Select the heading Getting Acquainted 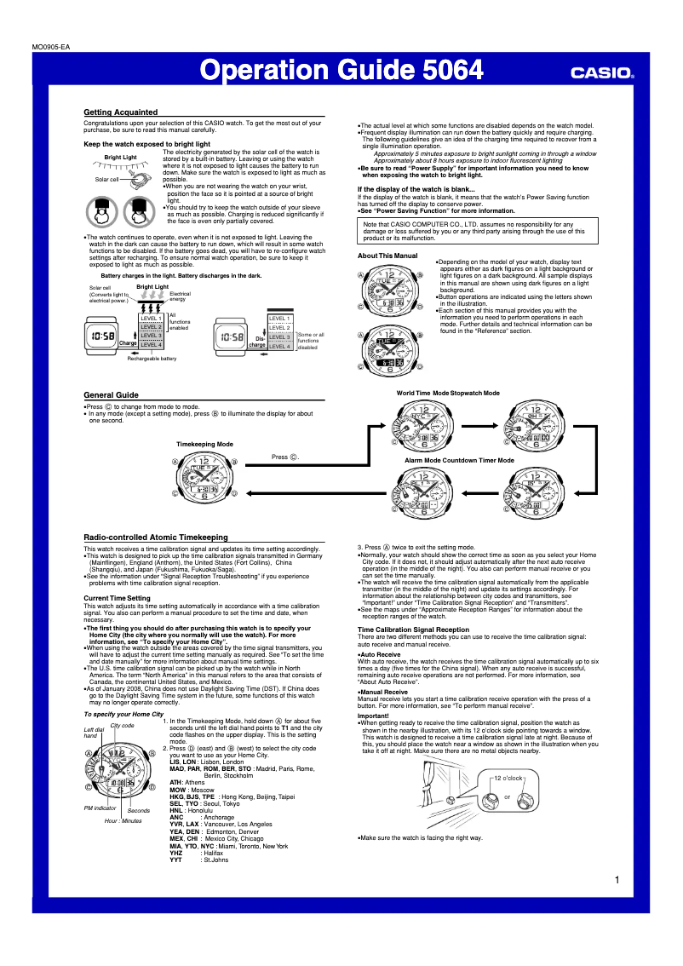click(x=120, y=112)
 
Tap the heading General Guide click(x=111, y=395)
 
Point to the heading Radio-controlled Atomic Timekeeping click(x=155, y=538)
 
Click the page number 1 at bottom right click(x=616, y=880)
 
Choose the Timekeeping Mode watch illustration click(x=204, y=478)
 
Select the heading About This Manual click(x=387, y=256)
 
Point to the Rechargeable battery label click(x=152, y=359)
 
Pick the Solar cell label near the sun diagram click(x=106, y=180)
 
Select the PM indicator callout click(x=100, y=807)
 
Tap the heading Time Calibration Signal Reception click(x=413, y=630)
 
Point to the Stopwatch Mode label click(x=475, y=393)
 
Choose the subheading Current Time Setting click(x=118, y=598)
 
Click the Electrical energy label click(x=179, y=296)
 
